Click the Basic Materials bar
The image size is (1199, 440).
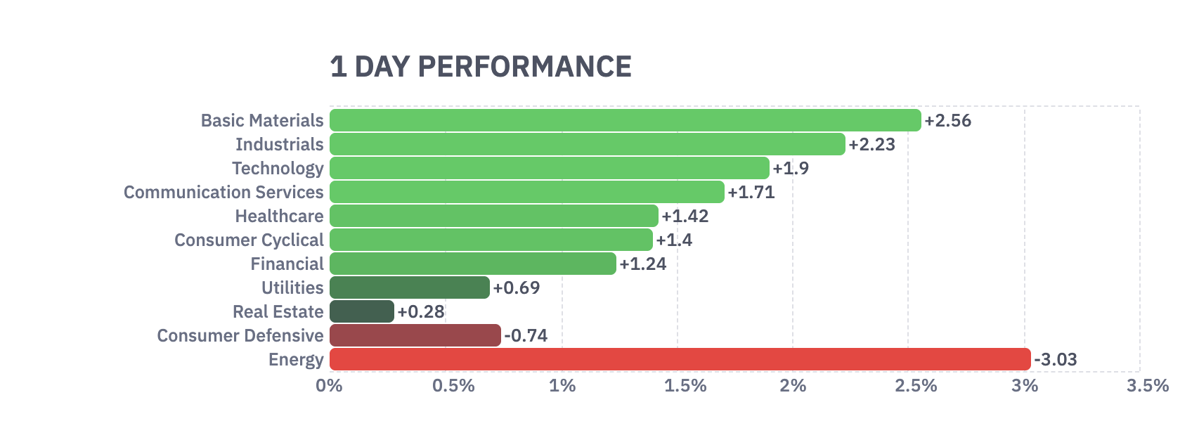[x=625, y=120]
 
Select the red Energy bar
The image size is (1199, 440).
[x=680, y=359]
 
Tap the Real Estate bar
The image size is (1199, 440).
[x=361, y=311]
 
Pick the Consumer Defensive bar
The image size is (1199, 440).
[x=415, y=335]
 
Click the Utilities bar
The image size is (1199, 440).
[x=409, y=287]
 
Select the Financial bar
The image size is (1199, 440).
[x=472, y=264]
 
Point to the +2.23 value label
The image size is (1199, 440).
[x=871, y=145]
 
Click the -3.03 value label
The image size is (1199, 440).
[x=1056, y=360]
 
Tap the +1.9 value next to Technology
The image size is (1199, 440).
[x=791, y=169]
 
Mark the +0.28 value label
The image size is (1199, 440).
[x=421, y=312]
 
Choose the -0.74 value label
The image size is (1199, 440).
[x=526, y=336]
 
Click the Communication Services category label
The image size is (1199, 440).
[x=223, y=193]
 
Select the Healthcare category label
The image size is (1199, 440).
[x=279, y=216]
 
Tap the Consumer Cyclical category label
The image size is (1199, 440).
[x=249, y=240]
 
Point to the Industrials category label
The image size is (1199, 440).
[x=279, y=145]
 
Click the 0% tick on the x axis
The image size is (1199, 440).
[x=329, y=386]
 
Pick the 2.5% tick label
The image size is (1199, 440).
[x=916, y=386]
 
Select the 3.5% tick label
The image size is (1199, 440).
[x=1147, y=386]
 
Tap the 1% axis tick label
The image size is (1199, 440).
[x=562, y=386]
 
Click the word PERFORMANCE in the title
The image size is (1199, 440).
[x=524, y=67]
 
